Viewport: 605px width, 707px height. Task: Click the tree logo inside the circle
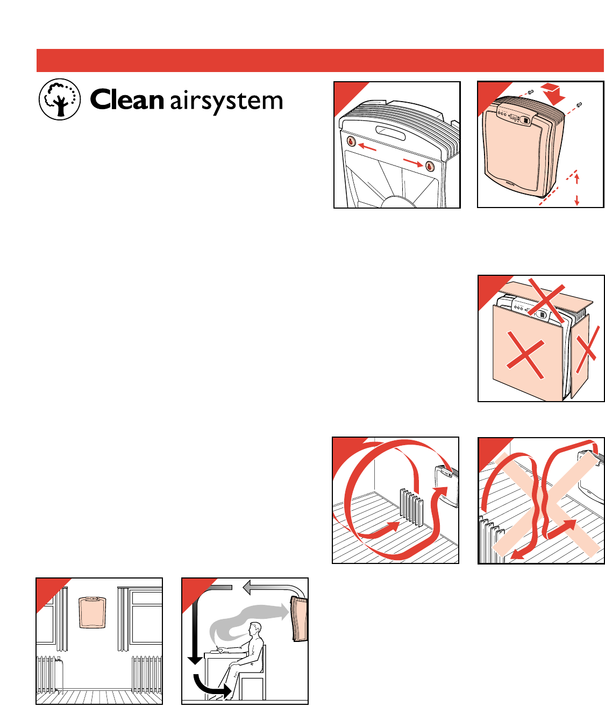tap(60, 100)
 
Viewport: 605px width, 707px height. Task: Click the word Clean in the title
tap(126, 101)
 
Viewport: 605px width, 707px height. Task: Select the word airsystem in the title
tap(226, 102)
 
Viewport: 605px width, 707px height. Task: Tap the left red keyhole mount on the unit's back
tap(351, 141)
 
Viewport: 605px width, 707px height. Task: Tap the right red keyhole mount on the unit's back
tap(430, 166)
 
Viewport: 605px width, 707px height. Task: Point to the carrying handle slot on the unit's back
tap(391, 130)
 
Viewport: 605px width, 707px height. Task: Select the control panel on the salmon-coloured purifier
tap(514, 116)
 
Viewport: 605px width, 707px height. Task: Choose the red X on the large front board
tap(525, 355)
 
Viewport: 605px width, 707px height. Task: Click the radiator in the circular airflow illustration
tap(411, 505)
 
